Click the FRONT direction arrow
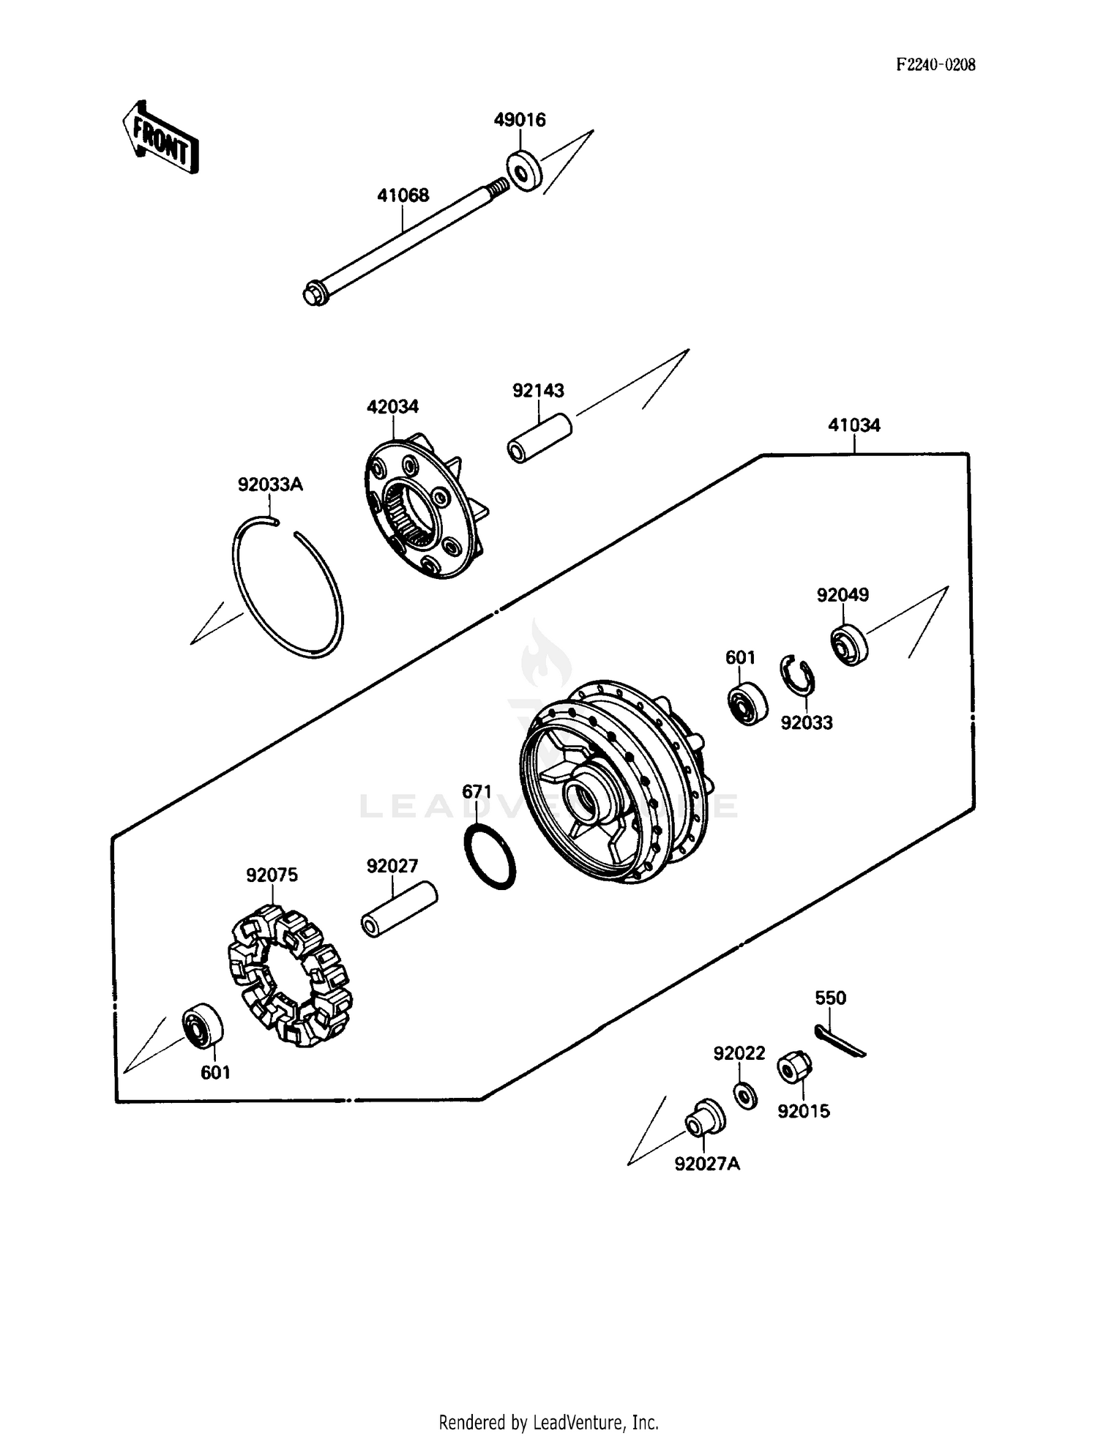pyautogui.click(x=160, y=138)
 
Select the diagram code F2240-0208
pyautogui.click(x=935, y=64)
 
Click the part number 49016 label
pyautogui.click(x=520, y=119)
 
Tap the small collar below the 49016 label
pyautogui.click(x=524, y=171)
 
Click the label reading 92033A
pyautogui.click(x=270, y=485)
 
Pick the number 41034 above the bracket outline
pyautogui.click(x=854, y=425)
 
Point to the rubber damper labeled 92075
pyautogui.click(x=288, y=973)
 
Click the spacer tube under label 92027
pyautogui.click(x=399, y=910)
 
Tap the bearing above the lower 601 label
pyautogui.click(x=203, y=1026)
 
